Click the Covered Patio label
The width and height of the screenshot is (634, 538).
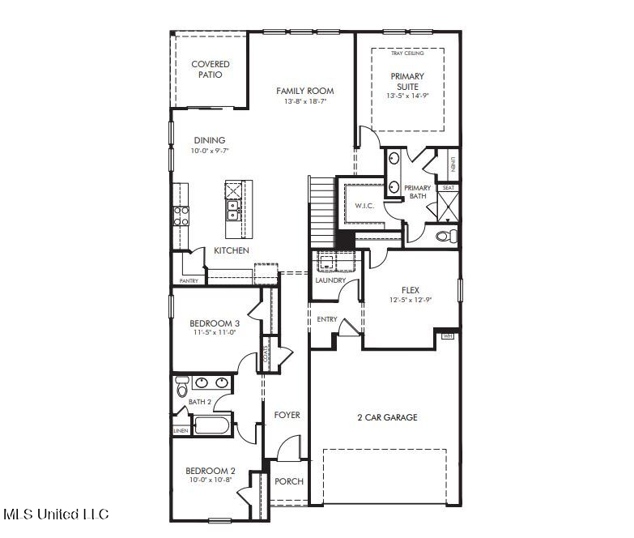[211, 69]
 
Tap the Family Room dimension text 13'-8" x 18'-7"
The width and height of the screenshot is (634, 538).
[305, 101]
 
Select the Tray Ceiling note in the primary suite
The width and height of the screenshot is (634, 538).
[407, 53]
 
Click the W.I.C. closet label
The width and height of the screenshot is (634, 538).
[364, 206]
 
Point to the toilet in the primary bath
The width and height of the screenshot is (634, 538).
[447, 236]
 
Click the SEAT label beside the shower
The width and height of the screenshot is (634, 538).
[449, 188]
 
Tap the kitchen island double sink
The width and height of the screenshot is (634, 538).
[233, 211]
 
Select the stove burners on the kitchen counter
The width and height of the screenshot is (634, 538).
[181, 216]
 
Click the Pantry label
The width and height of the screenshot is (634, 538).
[189, 280]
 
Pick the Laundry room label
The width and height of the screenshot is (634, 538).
[330, 280]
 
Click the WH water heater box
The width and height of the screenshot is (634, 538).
[447, 335]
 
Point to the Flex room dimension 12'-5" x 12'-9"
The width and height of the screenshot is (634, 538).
[410, 300]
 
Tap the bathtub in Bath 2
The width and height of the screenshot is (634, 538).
[211, 425]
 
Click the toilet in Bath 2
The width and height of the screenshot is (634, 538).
[182, 387]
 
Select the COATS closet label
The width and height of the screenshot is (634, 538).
[266, 353]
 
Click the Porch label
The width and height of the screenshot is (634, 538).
[289, 481]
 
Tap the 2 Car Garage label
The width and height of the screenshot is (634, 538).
[387, 417]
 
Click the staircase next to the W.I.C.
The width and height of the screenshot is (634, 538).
[322, 211]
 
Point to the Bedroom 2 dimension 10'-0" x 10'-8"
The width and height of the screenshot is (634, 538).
[211, 480]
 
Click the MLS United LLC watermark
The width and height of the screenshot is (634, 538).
[56, 515]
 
